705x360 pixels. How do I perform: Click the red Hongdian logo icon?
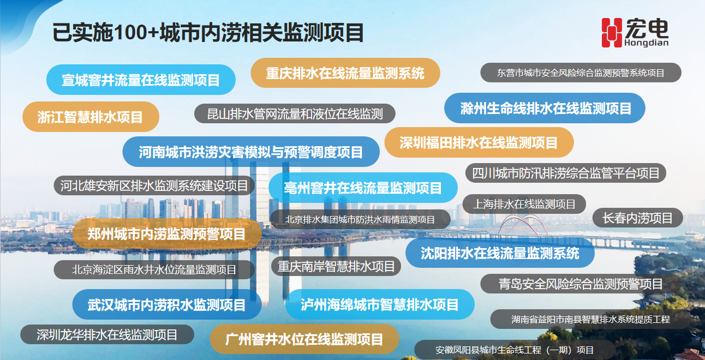click(x=612, y=33)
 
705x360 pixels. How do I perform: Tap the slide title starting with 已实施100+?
click(x=208, y=32)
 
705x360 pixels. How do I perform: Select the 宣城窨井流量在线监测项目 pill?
click(x=141, y=80)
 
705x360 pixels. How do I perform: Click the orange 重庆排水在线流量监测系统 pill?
click(x=345, y=73)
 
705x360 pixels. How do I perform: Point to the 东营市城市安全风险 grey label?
click(x=581, y=73)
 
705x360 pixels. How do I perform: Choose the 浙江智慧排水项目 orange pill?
click(x=91, y=117)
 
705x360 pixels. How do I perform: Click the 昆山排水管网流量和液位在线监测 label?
click(x=295, y=113)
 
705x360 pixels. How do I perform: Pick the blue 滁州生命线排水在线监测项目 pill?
click(x=545, y=108)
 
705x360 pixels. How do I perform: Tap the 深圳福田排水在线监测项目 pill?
click(x=479, y=142)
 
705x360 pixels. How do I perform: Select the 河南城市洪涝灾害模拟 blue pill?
click(x=251, y=152)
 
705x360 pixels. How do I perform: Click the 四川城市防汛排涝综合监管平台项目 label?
click(x=565, y=173)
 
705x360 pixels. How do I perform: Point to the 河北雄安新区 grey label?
click(x=154, y=185)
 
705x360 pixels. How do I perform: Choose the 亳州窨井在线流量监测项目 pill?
click(x=363, y=188)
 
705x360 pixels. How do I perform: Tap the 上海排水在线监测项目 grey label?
click(x=524, y=204)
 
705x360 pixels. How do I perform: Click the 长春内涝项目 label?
click(x=638, y=218)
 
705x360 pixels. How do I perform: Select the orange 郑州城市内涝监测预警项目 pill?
click(x=167, y=234)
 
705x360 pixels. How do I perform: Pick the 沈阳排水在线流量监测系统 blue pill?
click(x=500, y=253)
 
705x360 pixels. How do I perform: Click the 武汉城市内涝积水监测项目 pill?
click(x=167, y=304)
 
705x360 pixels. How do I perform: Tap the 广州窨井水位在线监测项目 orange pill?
click(x=304, y=339)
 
